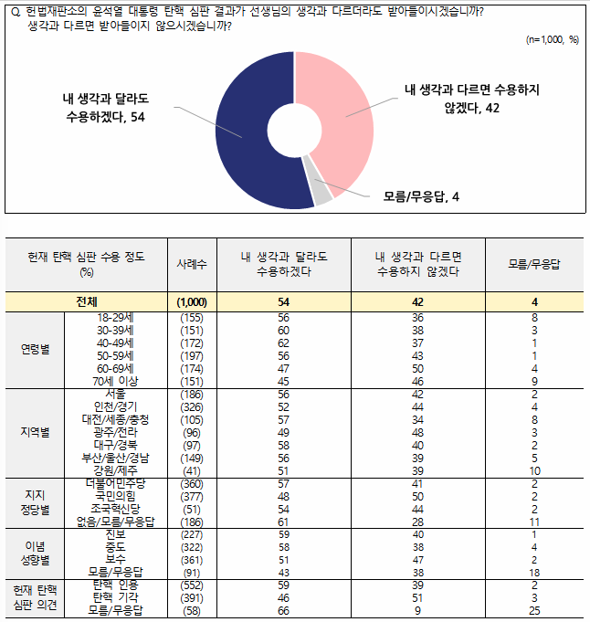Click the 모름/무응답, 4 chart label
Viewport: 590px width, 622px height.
click(420, 196)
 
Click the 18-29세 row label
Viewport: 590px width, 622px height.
click(116, 318)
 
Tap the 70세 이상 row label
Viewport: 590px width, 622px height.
click(116, 380)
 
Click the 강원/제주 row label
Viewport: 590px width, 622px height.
click(116, 469)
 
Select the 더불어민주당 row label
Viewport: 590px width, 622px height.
click(116, 481)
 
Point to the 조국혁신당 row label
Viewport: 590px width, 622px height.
click(116, 507)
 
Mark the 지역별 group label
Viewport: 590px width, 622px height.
click(36, 432)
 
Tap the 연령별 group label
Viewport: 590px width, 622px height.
click(36, 349)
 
